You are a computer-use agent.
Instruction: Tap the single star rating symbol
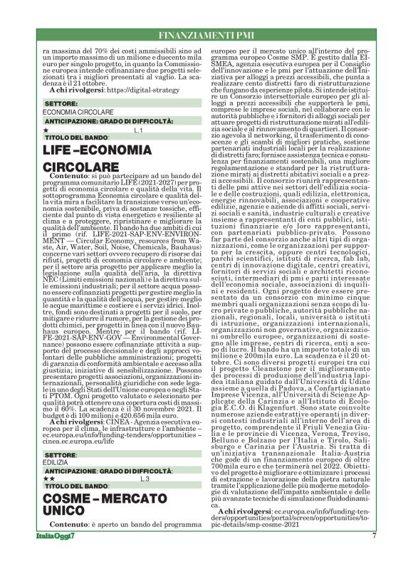click(x=46, y=131)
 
